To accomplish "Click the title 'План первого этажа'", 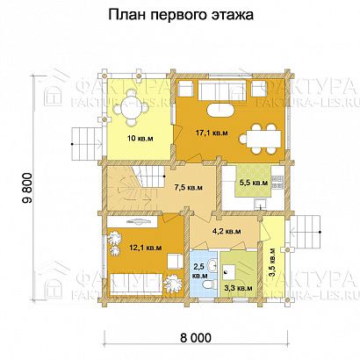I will (179, 16).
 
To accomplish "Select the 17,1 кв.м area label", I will (208, 133).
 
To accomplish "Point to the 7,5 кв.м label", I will (189, 186).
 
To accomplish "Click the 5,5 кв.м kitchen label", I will (255, 184).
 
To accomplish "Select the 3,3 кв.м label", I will (239, 286).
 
